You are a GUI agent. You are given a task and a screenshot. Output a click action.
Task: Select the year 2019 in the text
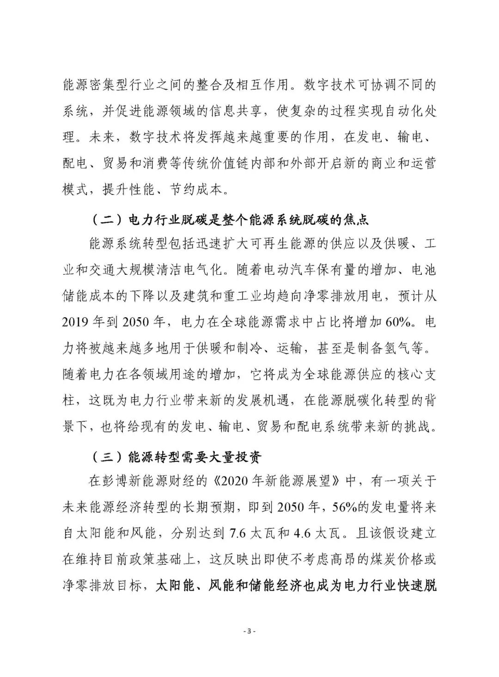(x=78, y=322)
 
